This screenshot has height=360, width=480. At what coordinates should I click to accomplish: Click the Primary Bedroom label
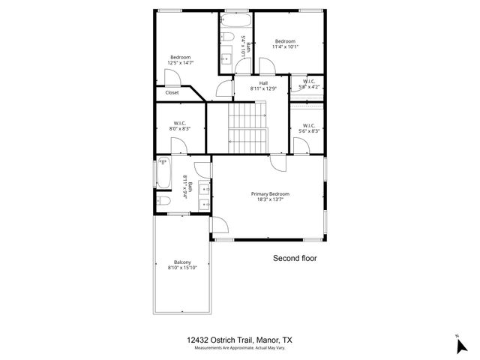[270, 193]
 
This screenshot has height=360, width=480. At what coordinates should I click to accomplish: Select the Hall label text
[263, 83]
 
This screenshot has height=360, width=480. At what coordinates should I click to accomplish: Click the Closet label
[172, 93]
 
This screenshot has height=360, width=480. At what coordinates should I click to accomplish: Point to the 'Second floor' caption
[294, 257]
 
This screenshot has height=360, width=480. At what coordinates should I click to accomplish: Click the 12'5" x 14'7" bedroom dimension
[180, 63]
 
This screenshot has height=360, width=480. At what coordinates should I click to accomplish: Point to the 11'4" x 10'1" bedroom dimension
[285, 46]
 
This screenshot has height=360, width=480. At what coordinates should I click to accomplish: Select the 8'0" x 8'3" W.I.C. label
[179, 129]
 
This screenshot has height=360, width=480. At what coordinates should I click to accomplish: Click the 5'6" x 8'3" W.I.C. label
[309, 131]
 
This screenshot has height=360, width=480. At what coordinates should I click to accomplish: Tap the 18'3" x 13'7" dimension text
[270, 199]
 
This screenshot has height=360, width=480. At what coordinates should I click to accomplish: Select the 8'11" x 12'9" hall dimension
[263, 89]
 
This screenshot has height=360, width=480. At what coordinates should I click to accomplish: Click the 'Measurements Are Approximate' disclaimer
[240, 348]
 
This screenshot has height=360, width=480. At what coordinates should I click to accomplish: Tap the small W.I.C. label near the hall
[308, 81]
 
